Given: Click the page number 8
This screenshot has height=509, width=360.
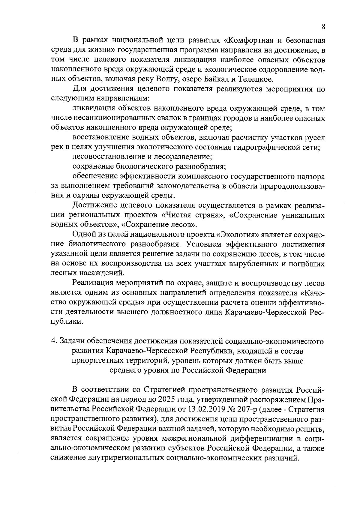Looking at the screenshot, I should pyautogui.click(x=323, y=26).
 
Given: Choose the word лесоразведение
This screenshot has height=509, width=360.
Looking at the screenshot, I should pyautogui.click(x=183, y=157).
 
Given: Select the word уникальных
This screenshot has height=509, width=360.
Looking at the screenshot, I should pyautogui.click(x=302, y=216).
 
